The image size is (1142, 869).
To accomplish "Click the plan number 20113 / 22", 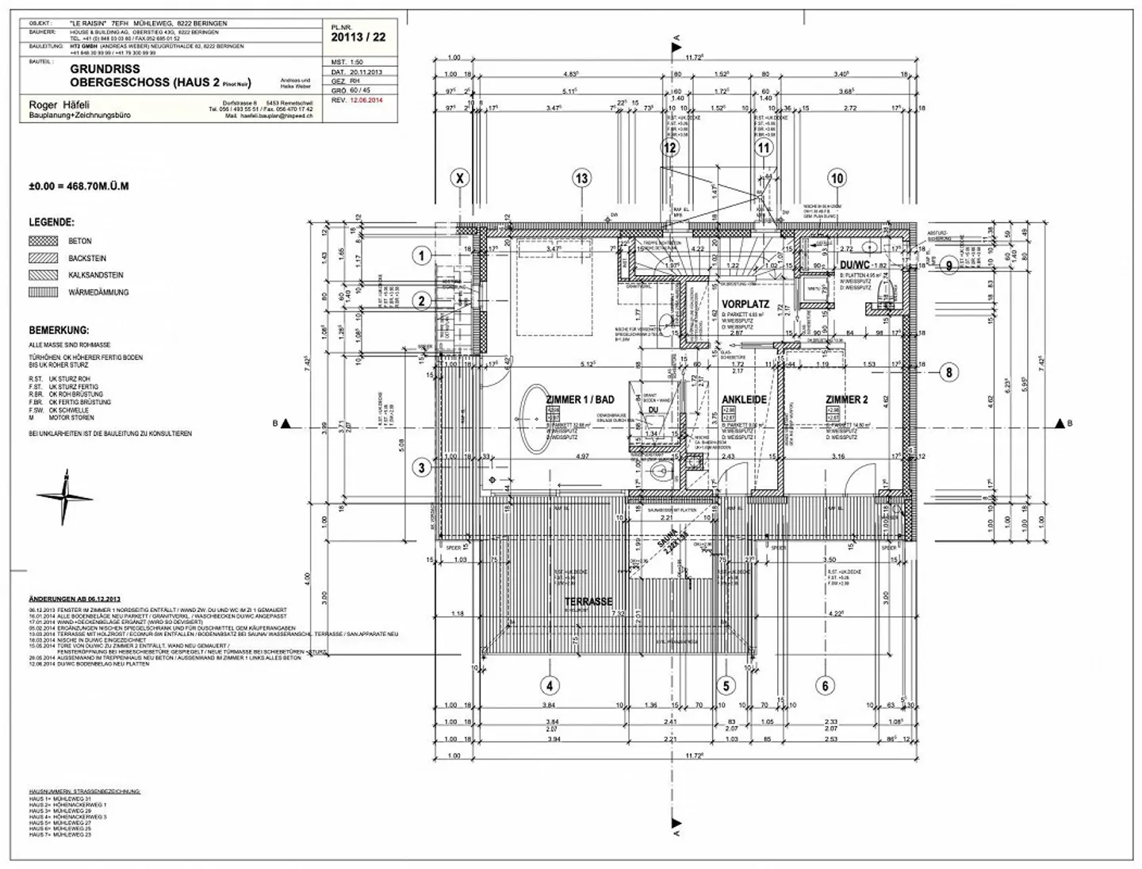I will click(x=358, y=36).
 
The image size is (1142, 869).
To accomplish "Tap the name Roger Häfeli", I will click(x=59, y=105).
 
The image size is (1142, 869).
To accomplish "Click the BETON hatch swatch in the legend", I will click(x=43, y=241).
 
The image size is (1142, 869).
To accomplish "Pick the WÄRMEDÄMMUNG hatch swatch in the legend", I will click(x=43, y=292).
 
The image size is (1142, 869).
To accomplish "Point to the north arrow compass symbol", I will click(x=63, y=497).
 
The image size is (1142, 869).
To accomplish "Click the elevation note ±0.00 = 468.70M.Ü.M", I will click(x=79, y=186).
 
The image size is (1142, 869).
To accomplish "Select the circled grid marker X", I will click(x=460, y=178).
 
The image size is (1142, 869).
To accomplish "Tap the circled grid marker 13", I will click(x=582, y=178).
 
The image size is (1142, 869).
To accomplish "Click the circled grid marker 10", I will click(x=837, y=178).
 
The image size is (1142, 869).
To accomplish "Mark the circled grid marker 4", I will click(x=549, y=685).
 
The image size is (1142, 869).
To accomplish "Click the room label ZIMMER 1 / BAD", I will click(x=580, y=399).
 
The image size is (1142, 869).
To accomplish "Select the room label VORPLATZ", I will click(x=745, y=304).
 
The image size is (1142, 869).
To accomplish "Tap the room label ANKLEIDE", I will click(x=743, y=400).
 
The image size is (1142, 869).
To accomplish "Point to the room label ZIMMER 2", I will click(x=846, y=400).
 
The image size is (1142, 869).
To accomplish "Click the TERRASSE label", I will click(x=588, y=602).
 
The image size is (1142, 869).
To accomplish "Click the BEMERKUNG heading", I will click(x=59, y=330).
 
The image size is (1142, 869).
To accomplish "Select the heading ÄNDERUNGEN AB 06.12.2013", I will click(x=74, y=599).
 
